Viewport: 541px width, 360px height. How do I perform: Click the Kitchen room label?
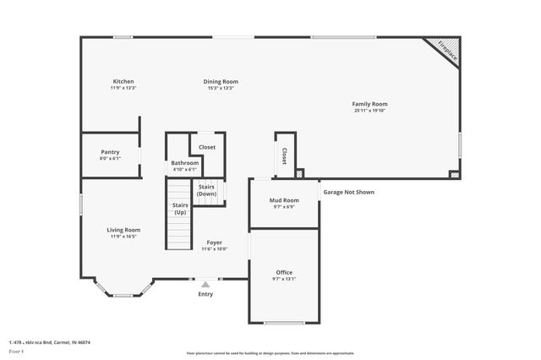click(123, 82)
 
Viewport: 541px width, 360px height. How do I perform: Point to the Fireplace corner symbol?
click(446, 49)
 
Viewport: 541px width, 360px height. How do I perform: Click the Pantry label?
click(110, 151)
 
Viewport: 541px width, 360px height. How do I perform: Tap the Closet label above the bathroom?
click(207, 147)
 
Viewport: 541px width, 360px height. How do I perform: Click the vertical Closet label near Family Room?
click(284, 156)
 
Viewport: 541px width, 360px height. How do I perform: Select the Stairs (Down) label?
click(207, 191)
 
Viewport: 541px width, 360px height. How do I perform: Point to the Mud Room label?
click(284, 200)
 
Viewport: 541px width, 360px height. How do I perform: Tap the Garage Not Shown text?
click(348, 192)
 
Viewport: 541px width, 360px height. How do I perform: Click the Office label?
click(284, 272)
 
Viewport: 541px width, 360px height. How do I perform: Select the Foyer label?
click(215, 243)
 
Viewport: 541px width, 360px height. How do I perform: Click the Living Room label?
click(123, 230)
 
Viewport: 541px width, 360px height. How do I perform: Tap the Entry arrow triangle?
click(205, 284)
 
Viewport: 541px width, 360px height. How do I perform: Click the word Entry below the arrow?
click(205, 294)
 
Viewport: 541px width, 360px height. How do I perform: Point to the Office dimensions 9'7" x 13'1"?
click(284, 279)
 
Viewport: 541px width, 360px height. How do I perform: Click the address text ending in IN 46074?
click(49, 342)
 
